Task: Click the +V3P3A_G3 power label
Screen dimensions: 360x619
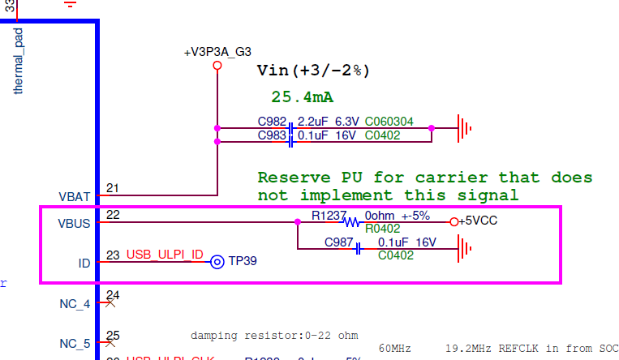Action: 217,53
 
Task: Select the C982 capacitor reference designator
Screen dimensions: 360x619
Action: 271,122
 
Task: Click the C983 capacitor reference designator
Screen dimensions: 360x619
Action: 271,135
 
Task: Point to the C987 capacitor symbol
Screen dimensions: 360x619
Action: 358,248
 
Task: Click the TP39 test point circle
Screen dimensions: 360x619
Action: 217,262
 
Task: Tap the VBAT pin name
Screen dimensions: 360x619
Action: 75,196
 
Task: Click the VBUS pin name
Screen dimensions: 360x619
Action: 75,223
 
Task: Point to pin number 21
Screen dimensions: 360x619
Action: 112,189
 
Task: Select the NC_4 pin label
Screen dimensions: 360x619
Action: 75,305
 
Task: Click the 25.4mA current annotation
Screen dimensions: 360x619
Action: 302,97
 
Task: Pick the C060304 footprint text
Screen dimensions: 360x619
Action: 389,122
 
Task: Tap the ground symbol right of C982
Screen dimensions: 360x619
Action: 464,128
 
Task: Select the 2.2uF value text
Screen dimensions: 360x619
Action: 313,122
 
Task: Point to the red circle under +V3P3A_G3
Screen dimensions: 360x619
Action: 217,66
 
